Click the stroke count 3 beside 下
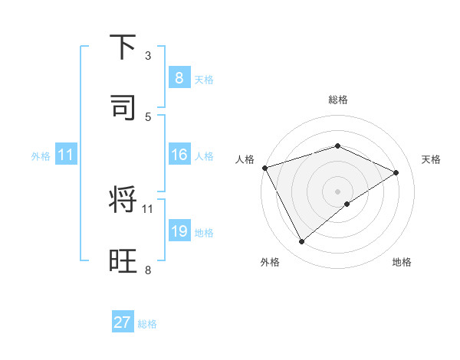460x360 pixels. (x=148, y=56)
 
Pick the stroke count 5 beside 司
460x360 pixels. (x=148, y=116)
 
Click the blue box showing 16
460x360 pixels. (x=179, y=155)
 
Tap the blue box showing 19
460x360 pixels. (x=179, y=231)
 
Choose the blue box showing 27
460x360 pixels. (x=123, y=322)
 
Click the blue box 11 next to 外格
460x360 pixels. (x=65, y=155)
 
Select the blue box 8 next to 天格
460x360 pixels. (x=179, y=78)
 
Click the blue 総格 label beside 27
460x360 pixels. (x=147, y=324)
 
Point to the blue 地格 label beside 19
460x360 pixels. (x=205, y=233)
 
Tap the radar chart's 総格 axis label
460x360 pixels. (x=338, y=100)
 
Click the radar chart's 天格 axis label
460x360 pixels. (x=431, y=159)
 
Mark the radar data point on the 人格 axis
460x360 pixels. (x=264, y=168)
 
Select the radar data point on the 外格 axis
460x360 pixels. (x=301, y=242)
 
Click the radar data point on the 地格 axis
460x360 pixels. (x=347, y=204)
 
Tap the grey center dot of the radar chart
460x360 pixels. (x=337, y=191)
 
